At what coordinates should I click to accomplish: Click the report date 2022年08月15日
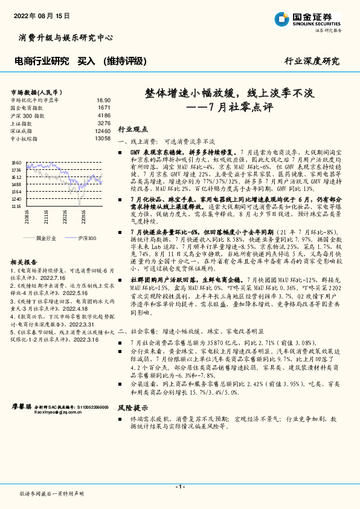point(39,15)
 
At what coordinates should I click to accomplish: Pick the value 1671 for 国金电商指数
point(104,107)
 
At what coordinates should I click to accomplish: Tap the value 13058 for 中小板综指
point(103,138)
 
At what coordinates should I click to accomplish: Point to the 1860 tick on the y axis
point(16,163)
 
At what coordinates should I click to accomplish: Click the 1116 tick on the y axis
point(16,206)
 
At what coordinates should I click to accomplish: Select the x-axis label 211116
point(46,216)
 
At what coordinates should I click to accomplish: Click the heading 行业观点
point(132,129)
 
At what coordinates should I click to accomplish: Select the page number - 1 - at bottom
point(179,487)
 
